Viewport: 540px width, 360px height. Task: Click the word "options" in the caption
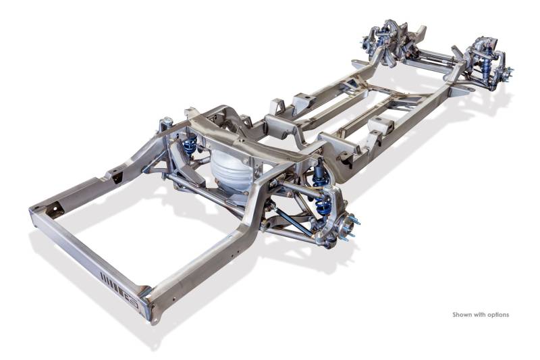(497, 315)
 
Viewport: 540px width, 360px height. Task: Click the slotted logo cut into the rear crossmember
(119, 289)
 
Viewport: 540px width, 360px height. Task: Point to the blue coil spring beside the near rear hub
(323, 206)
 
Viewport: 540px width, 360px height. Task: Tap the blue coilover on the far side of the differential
(190, 144)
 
